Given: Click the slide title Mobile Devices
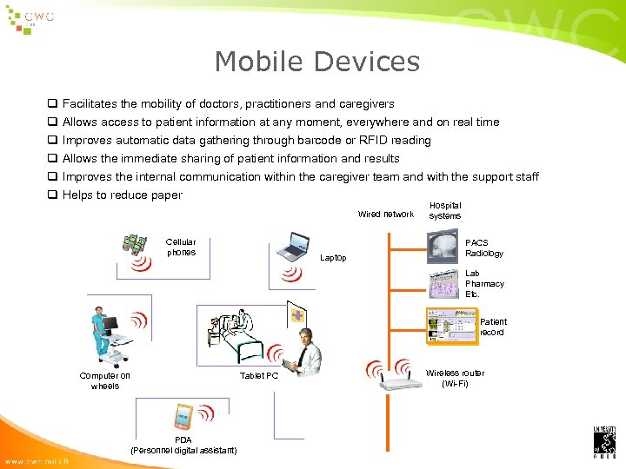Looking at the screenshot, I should point(316,62).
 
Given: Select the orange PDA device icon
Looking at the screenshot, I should point(183,417).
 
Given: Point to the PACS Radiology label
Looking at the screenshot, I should point(483,248).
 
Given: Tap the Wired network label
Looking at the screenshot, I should point(386,214).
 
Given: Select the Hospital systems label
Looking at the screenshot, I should point(445,210).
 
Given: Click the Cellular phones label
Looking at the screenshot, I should point(181,248).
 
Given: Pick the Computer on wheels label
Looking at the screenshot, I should point(105,380).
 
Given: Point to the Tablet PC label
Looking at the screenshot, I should point(259,376).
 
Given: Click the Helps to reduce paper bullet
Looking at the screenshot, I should point(123,195).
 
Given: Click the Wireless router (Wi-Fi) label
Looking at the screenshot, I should point(455,378).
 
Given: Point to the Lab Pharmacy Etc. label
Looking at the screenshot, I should point(484,284).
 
